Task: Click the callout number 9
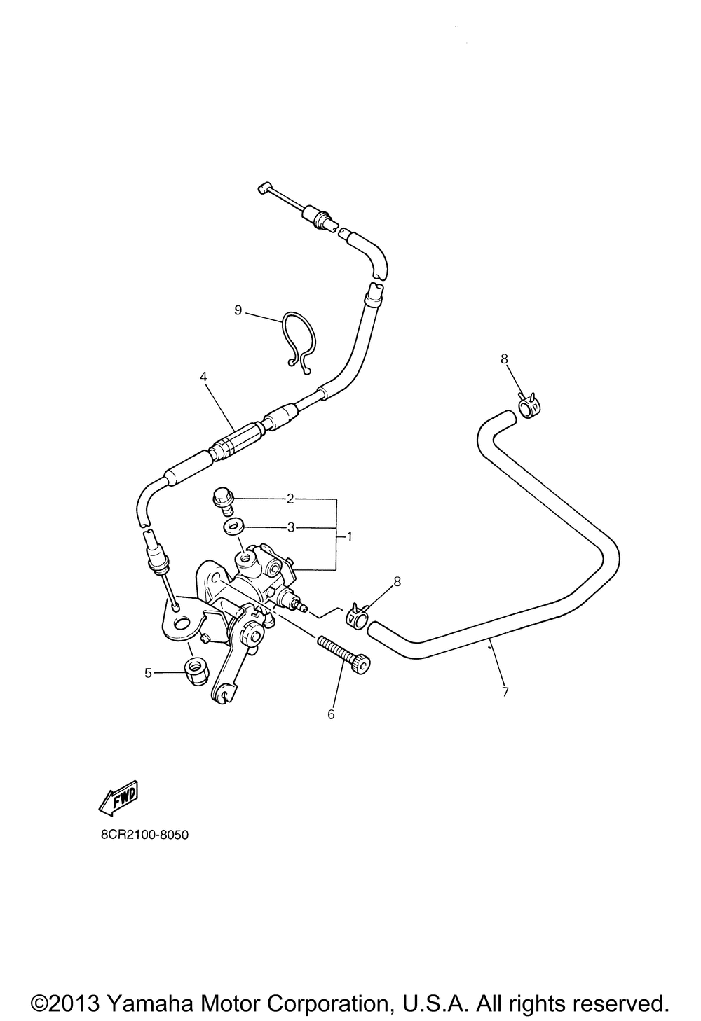click(x=238, y=310)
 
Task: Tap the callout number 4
click(x=203, y=377)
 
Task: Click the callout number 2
click(x=290, y=499)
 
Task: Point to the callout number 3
click(x=290, y=527)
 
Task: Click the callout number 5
click(x=148, y=673)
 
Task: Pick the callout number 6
click(x=332, y=714)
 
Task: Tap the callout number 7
click(x=505, y=693)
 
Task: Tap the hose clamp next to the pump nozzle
click(x=355, y=616)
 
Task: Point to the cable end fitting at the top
click(x=264, y=187)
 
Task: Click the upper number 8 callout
click(x=503, y=359)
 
